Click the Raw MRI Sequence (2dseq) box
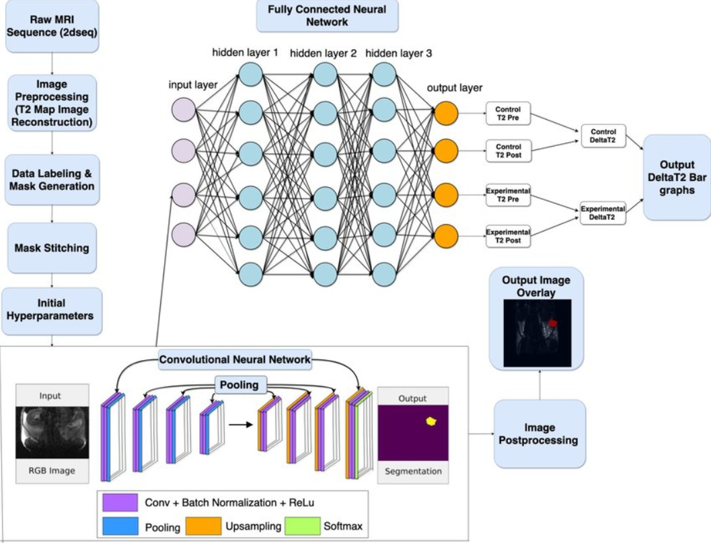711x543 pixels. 52,26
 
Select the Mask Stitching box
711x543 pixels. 52,248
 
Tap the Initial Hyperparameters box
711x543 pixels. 52,310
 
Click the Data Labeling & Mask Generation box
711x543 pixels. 52,180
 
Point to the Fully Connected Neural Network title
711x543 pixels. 328,16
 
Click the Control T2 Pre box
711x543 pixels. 508,114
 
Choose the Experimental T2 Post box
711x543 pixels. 508,236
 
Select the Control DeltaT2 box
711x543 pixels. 603,136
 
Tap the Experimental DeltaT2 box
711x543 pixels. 603,213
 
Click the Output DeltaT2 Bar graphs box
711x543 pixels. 677,178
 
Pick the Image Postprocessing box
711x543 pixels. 539,434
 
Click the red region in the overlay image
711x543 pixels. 552,322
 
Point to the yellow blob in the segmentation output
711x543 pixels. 431,421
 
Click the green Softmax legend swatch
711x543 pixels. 303,526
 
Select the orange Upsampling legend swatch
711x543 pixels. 203,526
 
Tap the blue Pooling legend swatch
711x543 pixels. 120,526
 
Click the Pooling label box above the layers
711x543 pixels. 239,385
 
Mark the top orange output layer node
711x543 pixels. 446,114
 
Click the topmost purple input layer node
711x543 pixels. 184,109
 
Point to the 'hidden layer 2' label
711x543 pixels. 324,54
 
